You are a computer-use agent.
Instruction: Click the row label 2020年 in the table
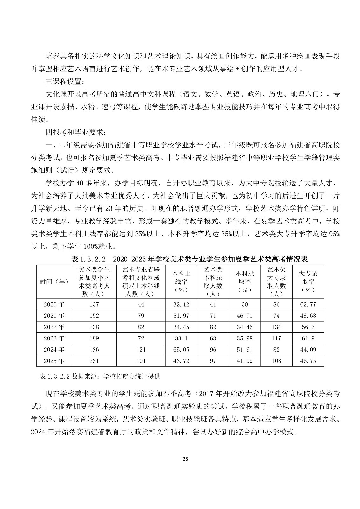tap(54, 304)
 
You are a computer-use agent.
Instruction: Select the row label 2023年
tap(54, 338)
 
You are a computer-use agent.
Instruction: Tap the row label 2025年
tap(54, 361)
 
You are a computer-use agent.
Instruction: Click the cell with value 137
tap(94, 304)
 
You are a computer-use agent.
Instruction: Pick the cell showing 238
tap(94, 327)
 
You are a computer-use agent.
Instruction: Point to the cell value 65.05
tap(181, 350)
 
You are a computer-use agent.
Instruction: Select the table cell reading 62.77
tap(308, 304)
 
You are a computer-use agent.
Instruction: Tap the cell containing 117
tap(276, 338)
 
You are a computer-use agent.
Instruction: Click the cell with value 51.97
tap(181, 316)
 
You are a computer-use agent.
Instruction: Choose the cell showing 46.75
tap(308, 361)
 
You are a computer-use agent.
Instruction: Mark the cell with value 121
tap(141, 350)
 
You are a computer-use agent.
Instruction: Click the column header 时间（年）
tap(54, 282)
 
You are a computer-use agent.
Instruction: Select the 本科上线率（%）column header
tap(181, 282)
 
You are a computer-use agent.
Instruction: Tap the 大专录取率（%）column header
tap(308, 282)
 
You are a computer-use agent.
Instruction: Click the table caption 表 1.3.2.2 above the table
tap(88, 259)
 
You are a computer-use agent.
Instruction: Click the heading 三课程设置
tap(65, 81)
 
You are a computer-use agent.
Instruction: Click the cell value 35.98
tap(244, 338)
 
